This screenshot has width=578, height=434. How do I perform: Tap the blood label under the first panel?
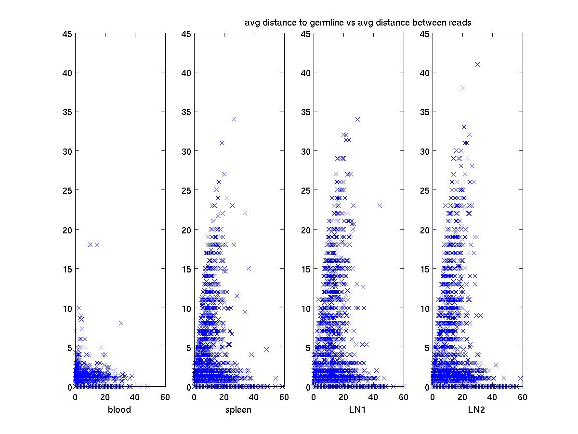pyautogui.click(x=120, y=410)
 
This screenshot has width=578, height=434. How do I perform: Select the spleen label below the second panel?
pyautogui.click(x=239, y=410)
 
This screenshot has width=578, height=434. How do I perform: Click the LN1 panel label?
pyautogui.click(x=358, y=410)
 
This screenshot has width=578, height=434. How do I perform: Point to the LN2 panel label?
pyautogui.click(x=477, y=410)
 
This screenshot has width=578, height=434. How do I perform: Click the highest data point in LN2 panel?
pyautogui.click(x=477, y=64)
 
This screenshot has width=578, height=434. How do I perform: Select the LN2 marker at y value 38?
pyautogui.click(x=462, y=88)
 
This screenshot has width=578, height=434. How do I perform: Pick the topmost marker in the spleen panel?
pyautogui.click(x=234, y=119)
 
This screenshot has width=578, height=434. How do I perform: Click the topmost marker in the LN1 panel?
pyautogui.click(x=357, y=119)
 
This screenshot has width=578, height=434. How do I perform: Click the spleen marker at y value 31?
pyautogui.click(x=222, y=143)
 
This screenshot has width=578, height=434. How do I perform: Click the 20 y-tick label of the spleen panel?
pyautogui.click(x=186, y=230)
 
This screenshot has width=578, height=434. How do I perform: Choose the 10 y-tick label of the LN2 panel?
pyautogui.click(x=425, y=308)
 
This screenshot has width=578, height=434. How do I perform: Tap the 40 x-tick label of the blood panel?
pyautogui.click(x=135, y=397)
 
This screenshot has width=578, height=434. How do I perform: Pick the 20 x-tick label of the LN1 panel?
pyautogui.click(x=343, y=397)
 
